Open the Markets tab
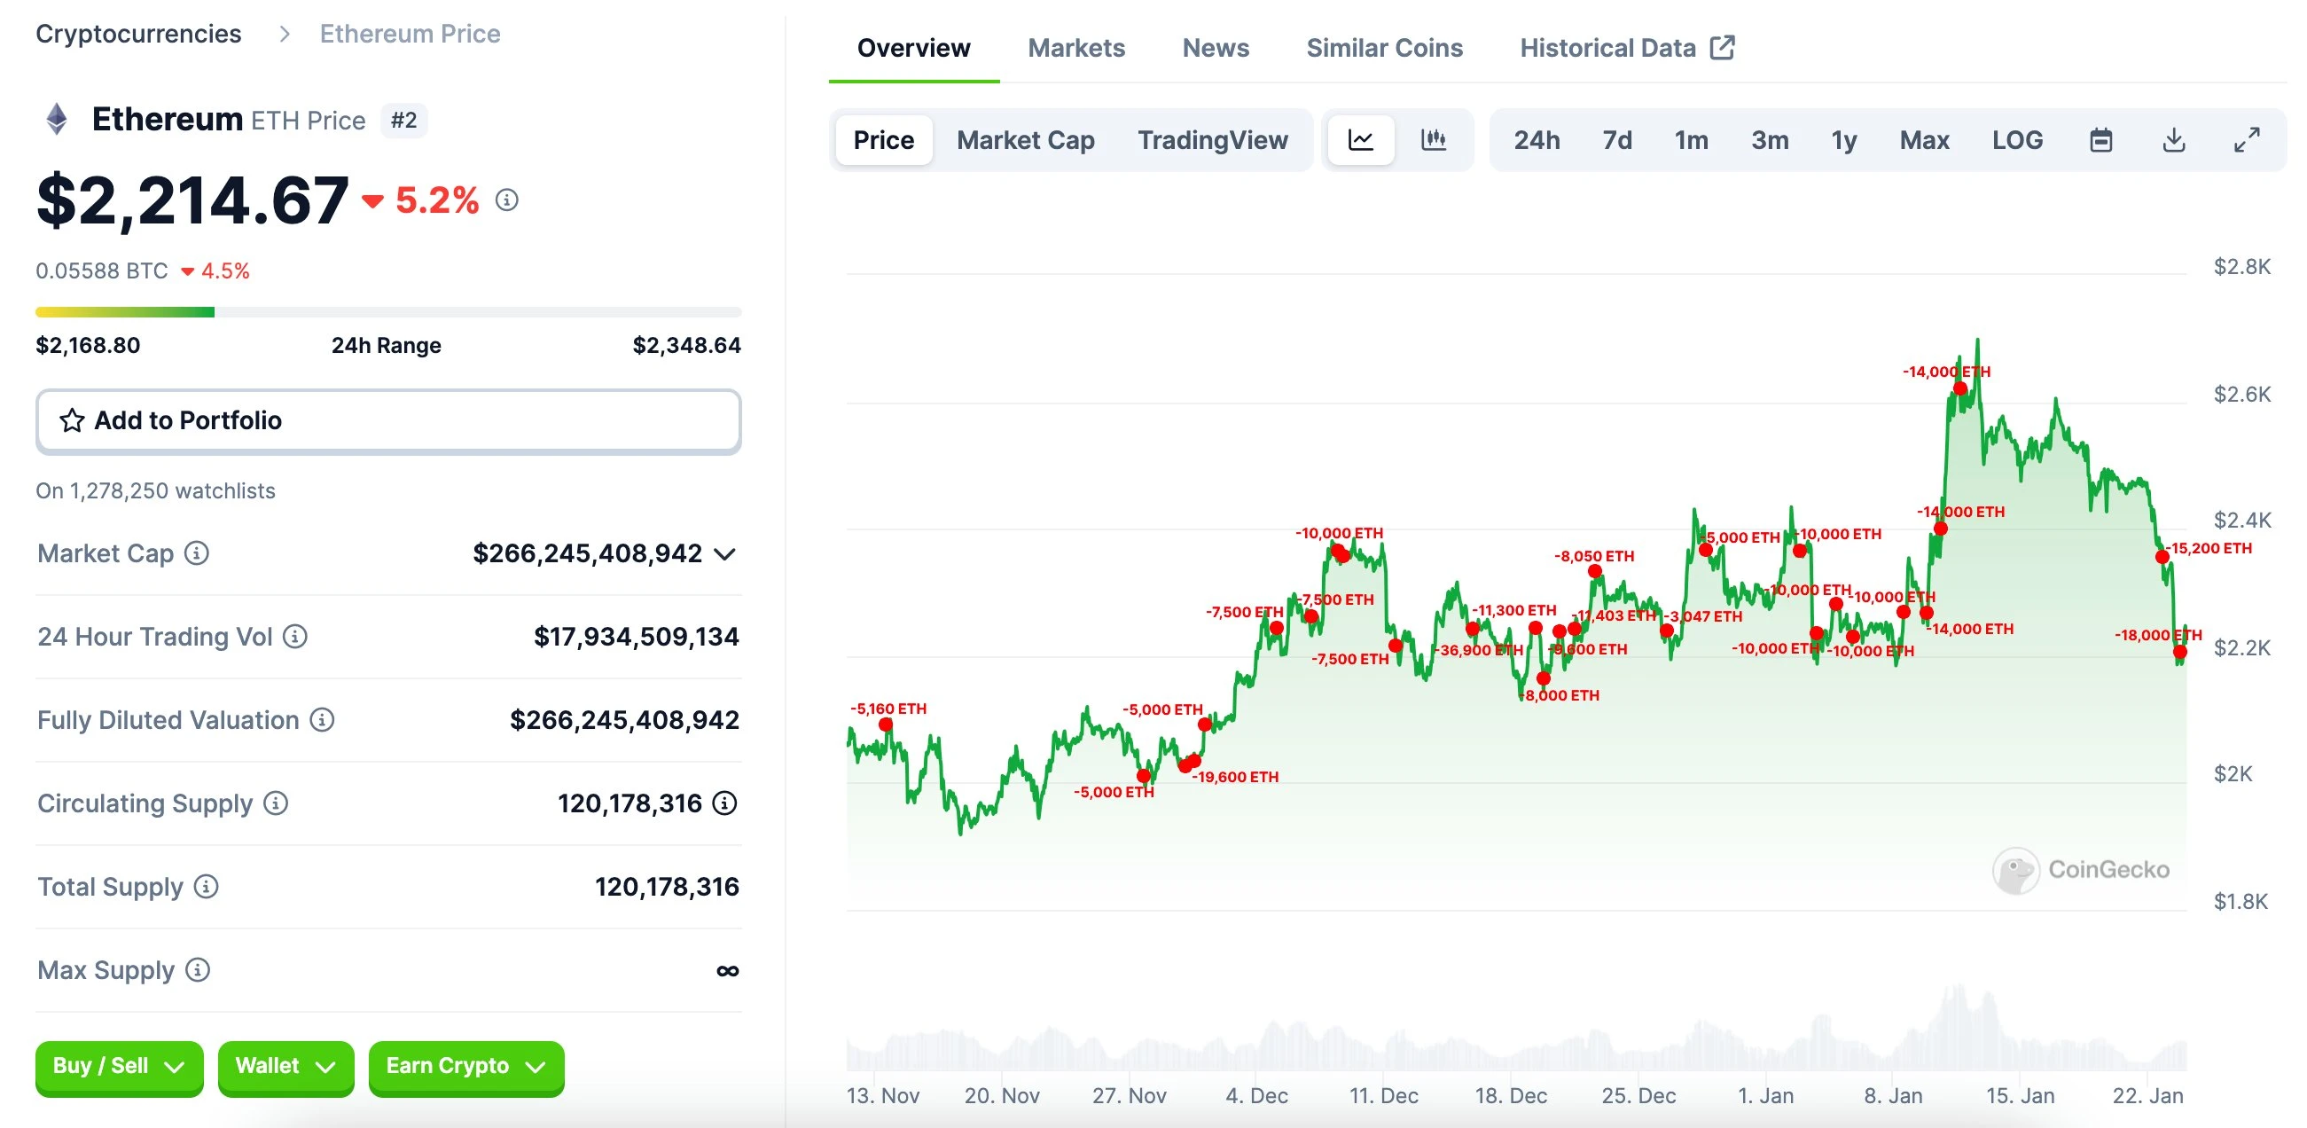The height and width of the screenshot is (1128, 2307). [1075, 48]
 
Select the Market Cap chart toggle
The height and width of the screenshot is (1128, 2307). [1025, 140]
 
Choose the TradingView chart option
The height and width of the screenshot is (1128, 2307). [1212, 140]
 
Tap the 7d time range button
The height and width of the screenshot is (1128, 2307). [1615, 140]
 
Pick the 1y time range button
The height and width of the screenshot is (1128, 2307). [1843, 140]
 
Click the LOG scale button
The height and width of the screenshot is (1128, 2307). [2016, 140]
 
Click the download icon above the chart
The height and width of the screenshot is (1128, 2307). [2172, 140]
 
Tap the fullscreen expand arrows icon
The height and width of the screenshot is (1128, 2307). [2245, 140]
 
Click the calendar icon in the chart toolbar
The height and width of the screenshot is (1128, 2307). [2100, 140]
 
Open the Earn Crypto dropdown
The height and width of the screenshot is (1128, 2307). [465, 1065]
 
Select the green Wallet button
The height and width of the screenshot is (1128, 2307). [285, 1065]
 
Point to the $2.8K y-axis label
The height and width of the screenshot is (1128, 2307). [2241, 266]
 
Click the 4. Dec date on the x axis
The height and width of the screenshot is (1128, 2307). [1255, 1095]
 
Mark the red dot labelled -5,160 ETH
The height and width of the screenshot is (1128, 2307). [885, 724]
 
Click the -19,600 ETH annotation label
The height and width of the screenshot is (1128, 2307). [1235, 777]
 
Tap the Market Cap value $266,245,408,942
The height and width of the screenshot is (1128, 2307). [587, 552]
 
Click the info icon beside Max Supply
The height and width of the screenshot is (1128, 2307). [198, 969]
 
